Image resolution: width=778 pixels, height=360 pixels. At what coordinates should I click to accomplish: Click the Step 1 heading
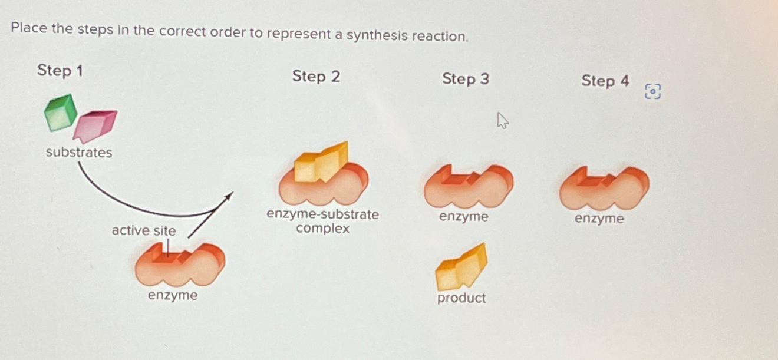[60, 71]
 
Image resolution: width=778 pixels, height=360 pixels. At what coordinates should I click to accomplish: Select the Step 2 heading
[316, 77]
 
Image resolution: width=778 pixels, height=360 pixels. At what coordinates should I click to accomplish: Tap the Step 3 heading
[466, 79]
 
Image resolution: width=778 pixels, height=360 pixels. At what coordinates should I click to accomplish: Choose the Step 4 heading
[605, 81]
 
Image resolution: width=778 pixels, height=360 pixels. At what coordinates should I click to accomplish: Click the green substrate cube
[61, 113]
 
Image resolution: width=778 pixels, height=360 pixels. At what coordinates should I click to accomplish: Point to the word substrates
[79, 153]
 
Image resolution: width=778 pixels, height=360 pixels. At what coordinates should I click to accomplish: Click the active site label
[144, 231]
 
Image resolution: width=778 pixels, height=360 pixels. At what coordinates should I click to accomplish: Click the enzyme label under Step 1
[173, 295]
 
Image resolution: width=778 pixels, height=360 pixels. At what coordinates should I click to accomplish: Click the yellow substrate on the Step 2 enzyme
[321, 162]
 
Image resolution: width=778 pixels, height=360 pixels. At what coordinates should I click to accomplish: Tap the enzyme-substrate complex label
[322, 222]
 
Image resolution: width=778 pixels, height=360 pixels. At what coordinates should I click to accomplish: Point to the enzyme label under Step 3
[464, 217]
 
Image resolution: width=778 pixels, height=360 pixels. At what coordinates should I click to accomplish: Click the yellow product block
[461, 267]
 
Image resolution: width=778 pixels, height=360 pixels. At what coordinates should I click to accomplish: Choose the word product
[461, 298]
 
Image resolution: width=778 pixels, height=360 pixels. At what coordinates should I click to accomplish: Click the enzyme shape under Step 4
[604, 188]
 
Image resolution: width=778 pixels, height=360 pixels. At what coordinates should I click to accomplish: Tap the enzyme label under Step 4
[599, 219]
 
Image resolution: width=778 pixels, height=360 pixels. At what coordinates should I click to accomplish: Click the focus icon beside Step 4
[653, 91]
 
